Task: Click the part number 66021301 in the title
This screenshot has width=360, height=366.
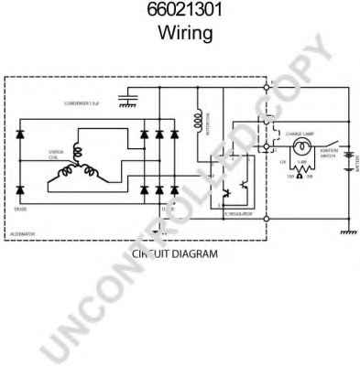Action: click(x=180, y=12)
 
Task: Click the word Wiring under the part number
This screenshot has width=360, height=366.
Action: click(x=180, y=34)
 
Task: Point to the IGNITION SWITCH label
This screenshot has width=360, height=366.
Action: click(x=327, y=157)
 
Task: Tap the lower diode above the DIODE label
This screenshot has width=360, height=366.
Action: click(x=21, y=190)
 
